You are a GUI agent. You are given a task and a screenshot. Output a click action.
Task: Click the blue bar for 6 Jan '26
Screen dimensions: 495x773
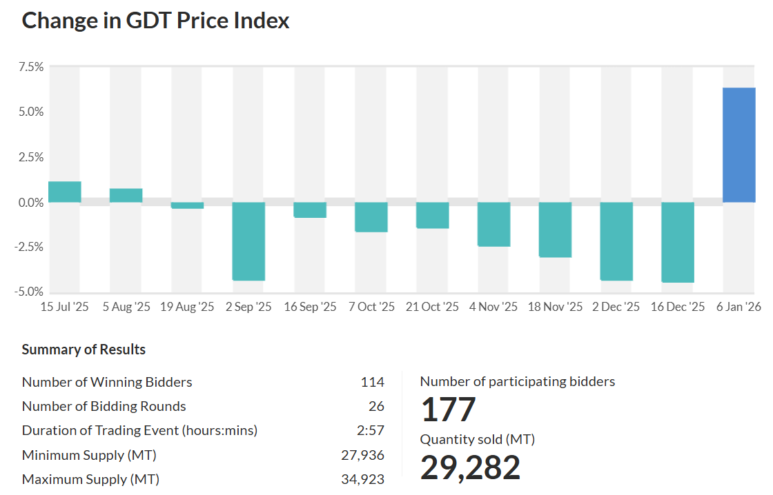738,145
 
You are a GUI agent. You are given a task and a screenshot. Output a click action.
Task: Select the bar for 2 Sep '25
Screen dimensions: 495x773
248,241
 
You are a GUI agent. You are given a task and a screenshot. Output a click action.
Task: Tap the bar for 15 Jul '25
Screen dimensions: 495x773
64,192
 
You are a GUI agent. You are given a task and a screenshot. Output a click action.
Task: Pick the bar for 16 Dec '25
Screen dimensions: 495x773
678,242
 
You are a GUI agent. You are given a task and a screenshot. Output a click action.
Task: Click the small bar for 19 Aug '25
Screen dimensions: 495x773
187,205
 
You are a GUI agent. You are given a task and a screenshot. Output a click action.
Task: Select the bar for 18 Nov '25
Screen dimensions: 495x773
555,230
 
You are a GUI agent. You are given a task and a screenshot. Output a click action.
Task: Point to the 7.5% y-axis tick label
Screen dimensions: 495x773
30,67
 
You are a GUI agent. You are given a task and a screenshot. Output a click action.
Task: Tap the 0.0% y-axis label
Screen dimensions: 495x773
30,203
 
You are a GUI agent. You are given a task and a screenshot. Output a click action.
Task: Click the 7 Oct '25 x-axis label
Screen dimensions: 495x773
371,307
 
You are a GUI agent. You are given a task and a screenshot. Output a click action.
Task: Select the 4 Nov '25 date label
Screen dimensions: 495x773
493,307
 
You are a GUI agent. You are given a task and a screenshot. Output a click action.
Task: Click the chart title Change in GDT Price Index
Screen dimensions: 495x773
155,21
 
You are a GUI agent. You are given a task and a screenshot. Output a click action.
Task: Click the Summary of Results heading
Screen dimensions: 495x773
84,350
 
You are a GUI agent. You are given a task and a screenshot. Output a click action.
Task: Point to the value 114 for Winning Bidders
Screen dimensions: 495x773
372,382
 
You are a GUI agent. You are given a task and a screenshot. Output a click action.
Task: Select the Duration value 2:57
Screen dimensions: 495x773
371,431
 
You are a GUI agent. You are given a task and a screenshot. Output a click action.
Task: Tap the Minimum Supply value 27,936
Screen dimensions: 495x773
362,455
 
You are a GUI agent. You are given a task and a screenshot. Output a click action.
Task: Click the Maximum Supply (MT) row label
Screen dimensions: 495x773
90,479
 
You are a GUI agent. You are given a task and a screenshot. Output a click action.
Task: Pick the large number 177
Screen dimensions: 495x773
448,410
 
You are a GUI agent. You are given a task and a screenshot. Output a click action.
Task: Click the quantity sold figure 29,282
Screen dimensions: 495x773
470,468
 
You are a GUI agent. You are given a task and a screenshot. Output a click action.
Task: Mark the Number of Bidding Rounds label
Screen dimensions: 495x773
104,406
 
